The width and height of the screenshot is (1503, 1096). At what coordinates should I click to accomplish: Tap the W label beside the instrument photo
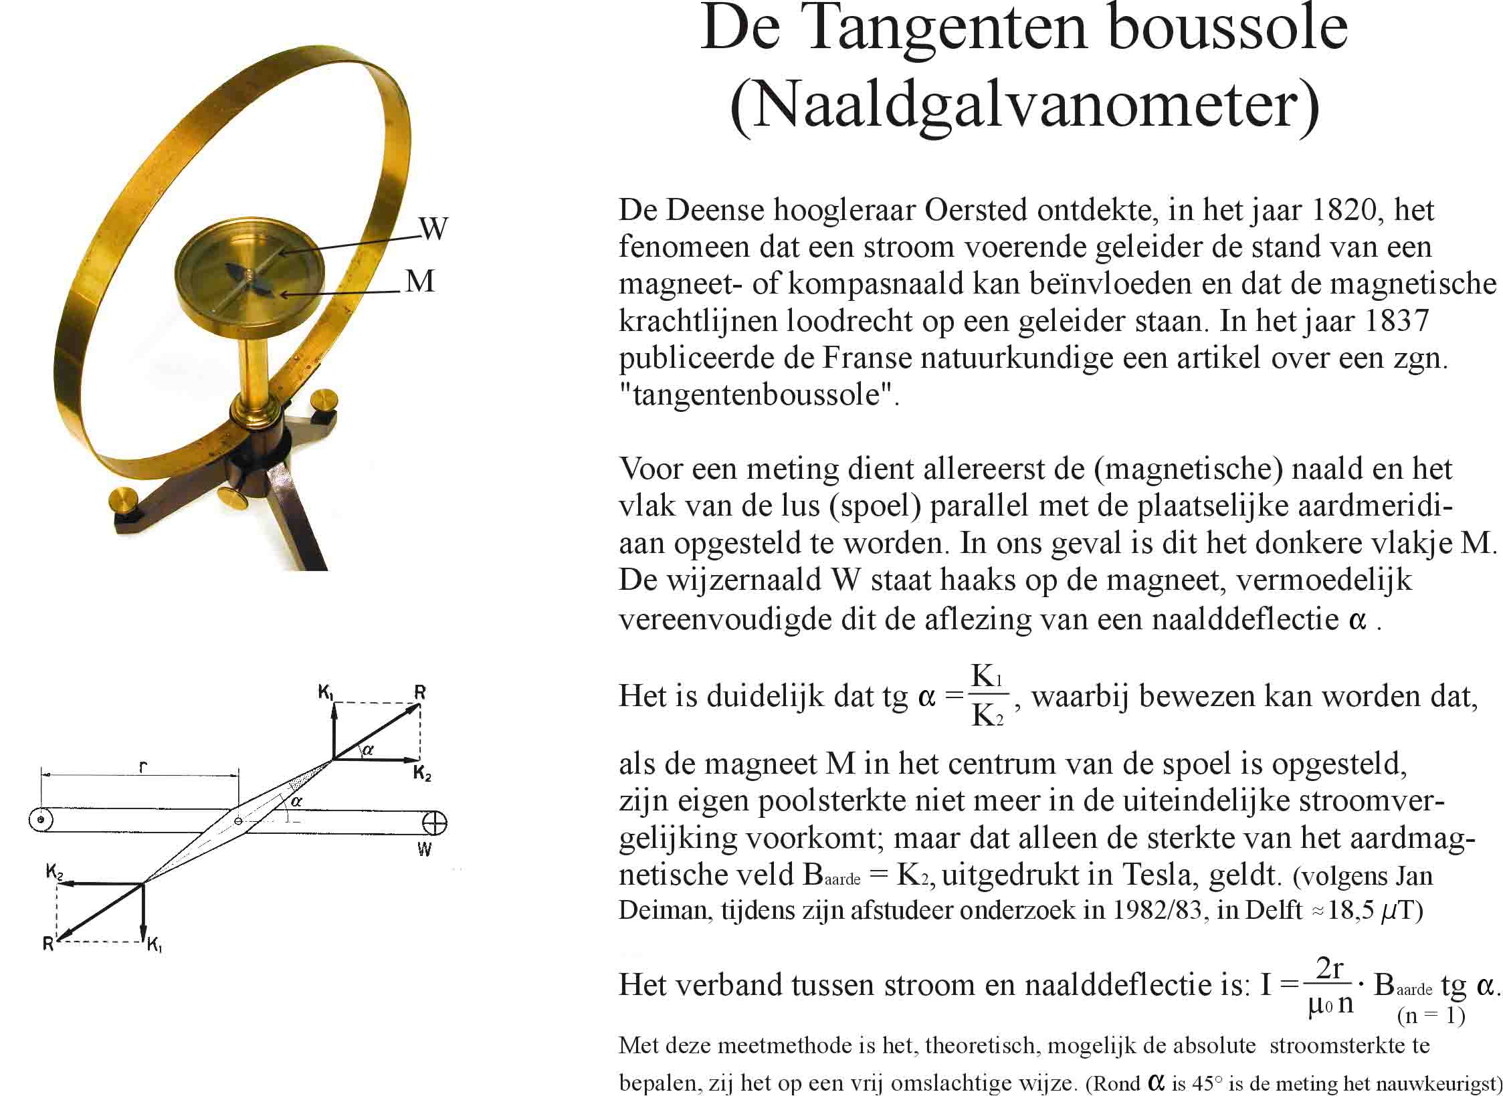point(433,229)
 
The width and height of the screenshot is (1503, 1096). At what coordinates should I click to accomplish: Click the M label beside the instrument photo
point(420,282)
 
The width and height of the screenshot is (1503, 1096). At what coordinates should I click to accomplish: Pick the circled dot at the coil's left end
point(41,819)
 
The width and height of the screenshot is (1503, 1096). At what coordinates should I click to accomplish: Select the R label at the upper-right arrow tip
point(419,692)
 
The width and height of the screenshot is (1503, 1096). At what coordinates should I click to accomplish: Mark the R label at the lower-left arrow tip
point(48,944)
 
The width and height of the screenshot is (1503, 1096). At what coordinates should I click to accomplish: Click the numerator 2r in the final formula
point(1330,969)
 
